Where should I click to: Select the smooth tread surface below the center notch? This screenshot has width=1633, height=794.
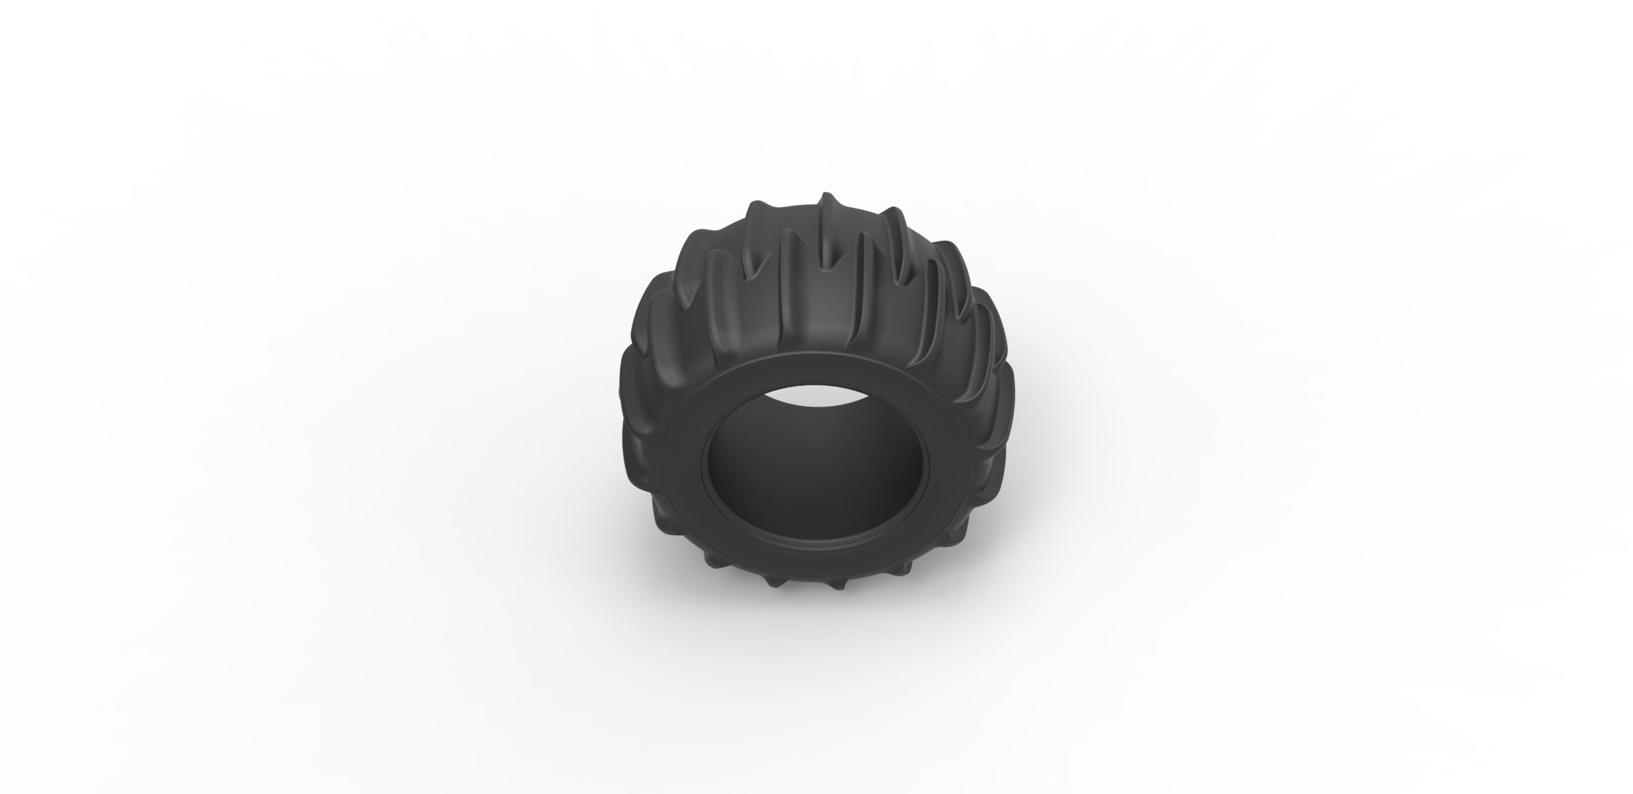824,327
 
